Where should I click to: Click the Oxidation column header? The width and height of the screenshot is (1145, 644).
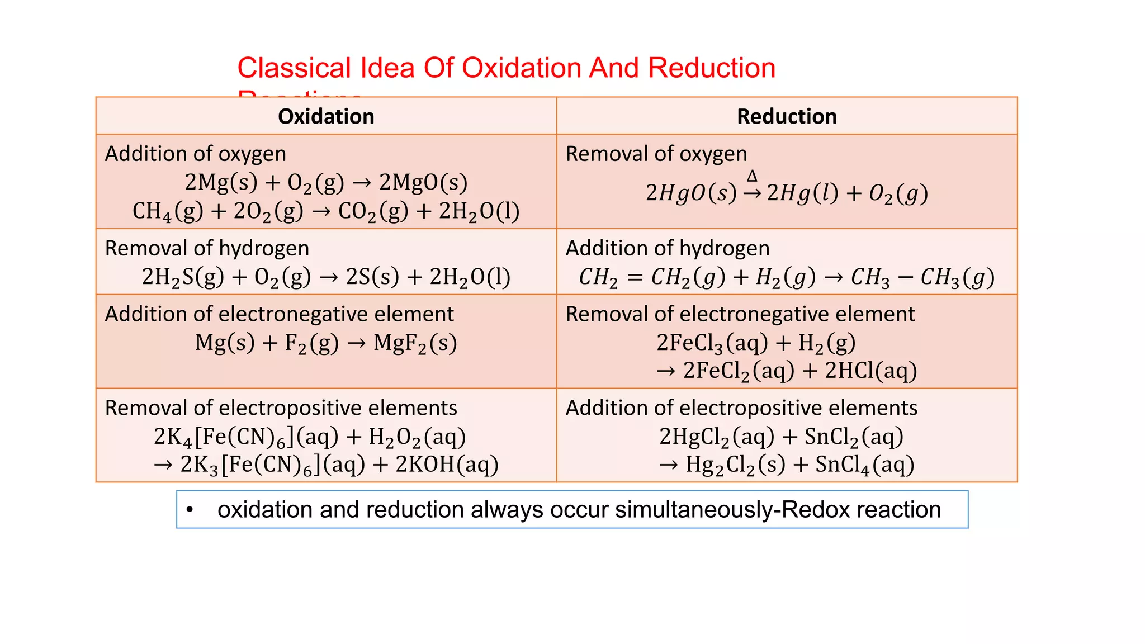[326, 116]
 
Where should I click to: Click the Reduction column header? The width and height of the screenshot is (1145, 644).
[787, 116]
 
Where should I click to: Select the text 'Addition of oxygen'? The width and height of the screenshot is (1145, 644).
[196, 154]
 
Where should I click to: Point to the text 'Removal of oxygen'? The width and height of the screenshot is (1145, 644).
[656, 154]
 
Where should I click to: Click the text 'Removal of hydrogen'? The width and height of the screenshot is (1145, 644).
[207, 248]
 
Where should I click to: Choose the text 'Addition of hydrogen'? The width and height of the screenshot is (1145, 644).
[668, 248]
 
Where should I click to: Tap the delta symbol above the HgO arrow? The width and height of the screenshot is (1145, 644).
[752, 176]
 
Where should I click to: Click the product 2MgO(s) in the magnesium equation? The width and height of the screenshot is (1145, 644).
[423, 183]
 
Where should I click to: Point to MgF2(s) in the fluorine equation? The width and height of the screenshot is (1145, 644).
[415, 343]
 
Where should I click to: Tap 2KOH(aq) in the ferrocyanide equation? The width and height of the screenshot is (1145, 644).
[447, 465]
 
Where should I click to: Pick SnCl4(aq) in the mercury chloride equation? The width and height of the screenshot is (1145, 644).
[864, 465]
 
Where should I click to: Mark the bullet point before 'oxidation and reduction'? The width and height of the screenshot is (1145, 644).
[190, 509]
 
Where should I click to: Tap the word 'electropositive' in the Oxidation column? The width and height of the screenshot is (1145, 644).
[290, 408]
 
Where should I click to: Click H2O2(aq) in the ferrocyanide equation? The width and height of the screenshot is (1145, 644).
[417, 437]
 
